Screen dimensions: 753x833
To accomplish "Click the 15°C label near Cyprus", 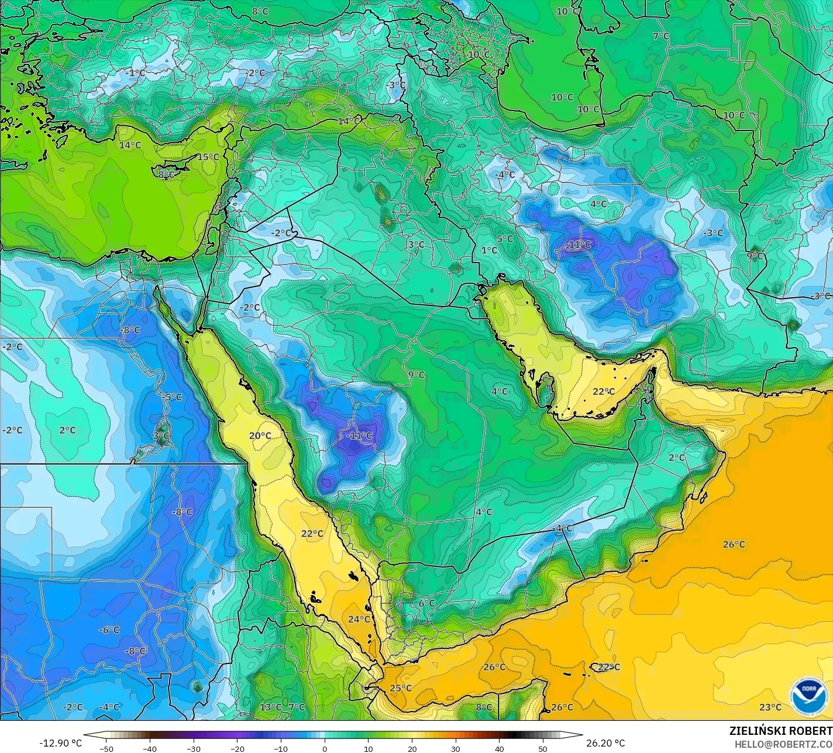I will tap(208, 157).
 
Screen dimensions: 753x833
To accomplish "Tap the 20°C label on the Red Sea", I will tap(260, 435).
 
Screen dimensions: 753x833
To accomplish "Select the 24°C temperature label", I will tap(359, 619).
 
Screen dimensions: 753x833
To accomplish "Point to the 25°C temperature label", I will tap(401, 688).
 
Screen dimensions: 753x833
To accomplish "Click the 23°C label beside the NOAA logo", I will tap(770, 707).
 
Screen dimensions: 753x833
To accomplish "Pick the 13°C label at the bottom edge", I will tap(270, 707).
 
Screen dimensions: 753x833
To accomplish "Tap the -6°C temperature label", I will tap(109, 630).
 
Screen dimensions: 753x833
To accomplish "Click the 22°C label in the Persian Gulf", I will tap(603, 391).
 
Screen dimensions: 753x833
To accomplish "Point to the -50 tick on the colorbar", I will tap(106, 748).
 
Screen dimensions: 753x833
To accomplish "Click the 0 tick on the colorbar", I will tap(325, 748).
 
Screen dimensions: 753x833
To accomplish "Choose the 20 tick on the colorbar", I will tap(412, 748).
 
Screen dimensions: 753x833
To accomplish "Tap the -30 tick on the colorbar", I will tap(194, 748).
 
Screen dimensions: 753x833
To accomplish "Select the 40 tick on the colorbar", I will tap(499, 748).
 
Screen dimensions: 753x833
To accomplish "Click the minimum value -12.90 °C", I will tap(60, 743).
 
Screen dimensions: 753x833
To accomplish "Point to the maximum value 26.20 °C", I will tap(605, 743).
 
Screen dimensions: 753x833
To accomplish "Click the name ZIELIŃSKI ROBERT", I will tap(780, 731).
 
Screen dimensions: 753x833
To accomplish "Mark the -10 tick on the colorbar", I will tap(281, 748).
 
